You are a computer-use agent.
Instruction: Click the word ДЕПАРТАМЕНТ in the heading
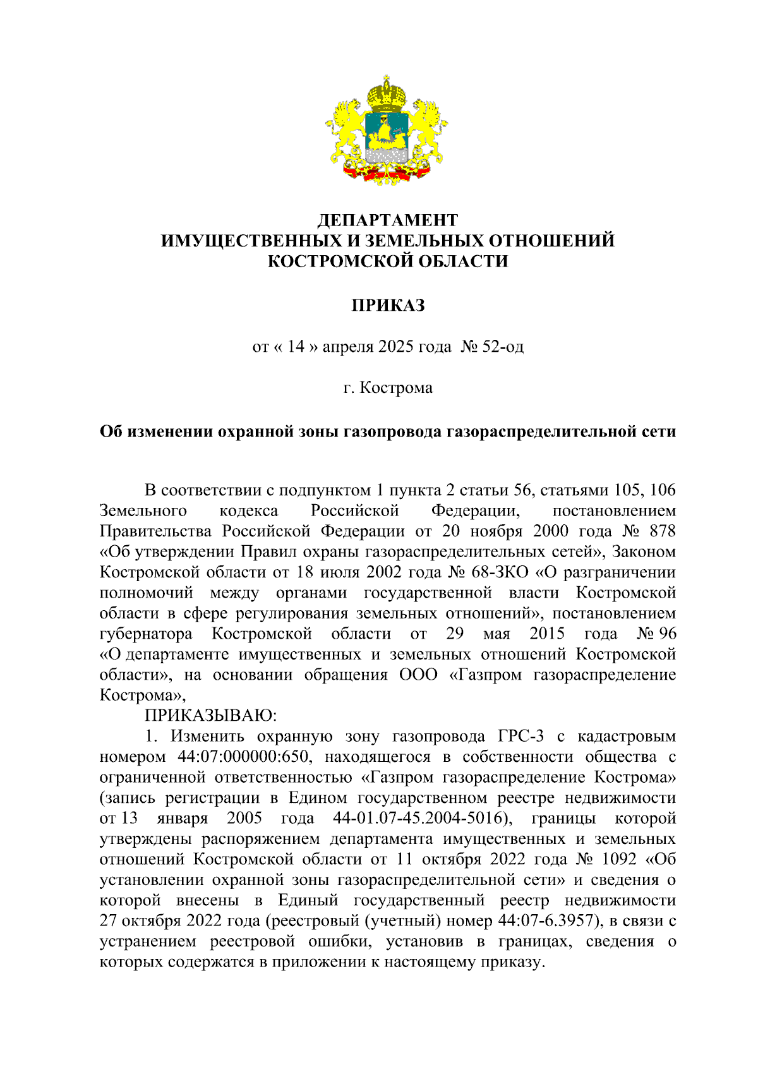coord(387,220)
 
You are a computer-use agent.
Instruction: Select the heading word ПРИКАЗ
coord(387,305)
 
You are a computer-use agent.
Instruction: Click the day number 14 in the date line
coord(296,346)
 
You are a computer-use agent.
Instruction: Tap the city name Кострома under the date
coord(396,387)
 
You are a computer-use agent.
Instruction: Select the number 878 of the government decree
coord(661,531)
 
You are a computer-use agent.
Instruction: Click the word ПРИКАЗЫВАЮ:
coord(211,716)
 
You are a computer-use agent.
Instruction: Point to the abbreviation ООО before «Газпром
coord(418,675)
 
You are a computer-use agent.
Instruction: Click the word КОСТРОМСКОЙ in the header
coord(331,261)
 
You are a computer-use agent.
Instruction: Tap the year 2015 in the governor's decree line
coord(547,634)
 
